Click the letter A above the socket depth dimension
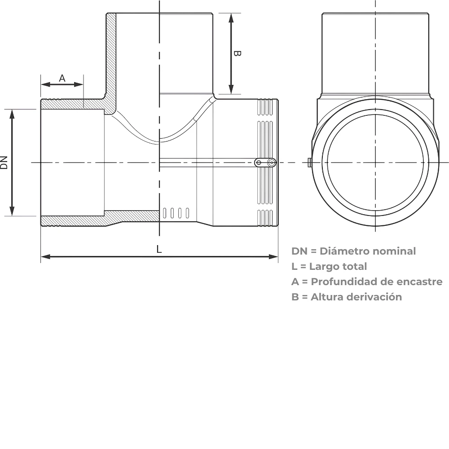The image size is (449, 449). pos(62,78)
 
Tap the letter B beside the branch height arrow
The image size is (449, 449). pos(237,53)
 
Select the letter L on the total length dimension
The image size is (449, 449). pos(159,249)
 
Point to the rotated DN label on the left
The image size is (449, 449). pos(4,163)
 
